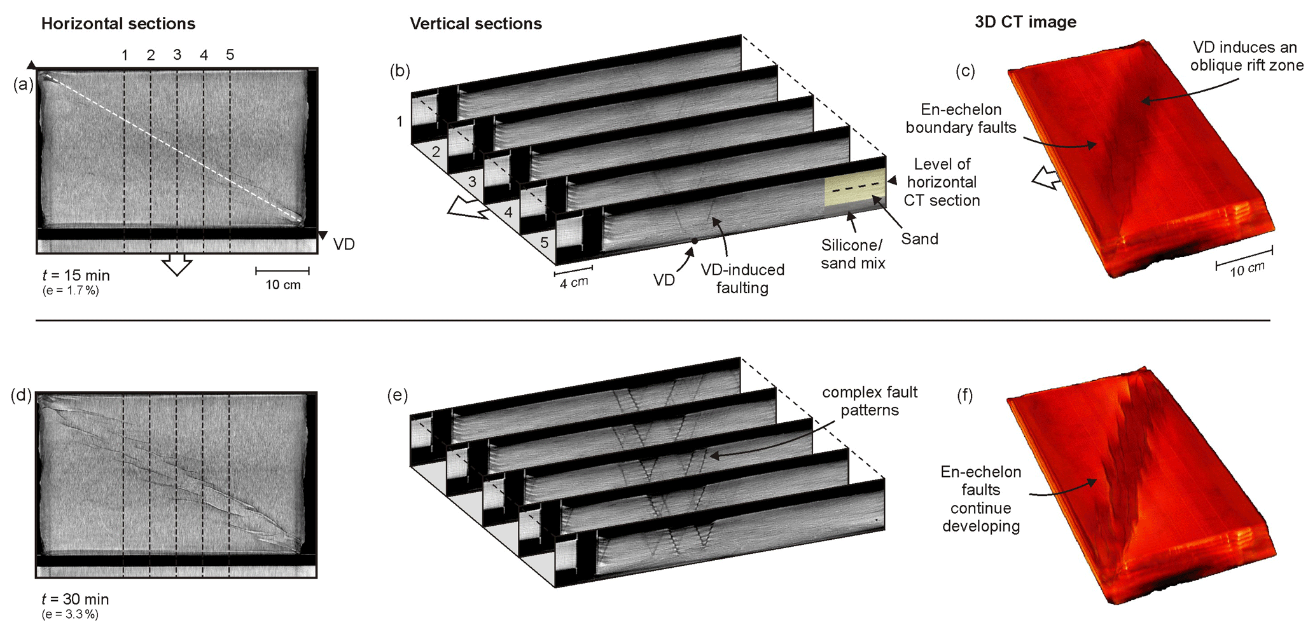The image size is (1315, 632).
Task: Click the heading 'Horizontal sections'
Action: [x=118, y=24]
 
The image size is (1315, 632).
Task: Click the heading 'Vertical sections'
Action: [x=476, y=24]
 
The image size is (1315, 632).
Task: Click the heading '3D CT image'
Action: [x=1026, y=22]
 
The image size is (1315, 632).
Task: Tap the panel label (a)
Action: [x=23, y=84]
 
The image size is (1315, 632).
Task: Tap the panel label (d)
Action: [x=22, y=395]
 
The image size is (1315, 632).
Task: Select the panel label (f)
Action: [x=965, y=396]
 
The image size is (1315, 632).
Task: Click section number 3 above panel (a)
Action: [x=177, y=55]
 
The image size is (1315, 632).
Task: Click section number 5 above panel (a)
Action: [x=230, y=55]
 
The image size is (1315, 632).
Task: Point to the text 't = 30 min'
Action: [x=75, y=600]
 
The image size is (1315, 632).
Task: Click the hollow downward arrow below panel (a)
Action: [x=177, y=264]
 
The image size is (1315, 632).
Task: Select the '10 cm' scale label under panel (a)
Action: [x=283, y=285]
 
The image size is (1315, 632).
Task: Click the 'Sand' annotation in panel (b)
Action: [x=919, y=239]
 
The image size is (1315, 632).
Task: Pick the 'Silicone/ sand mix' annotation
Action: [x=852, y=254]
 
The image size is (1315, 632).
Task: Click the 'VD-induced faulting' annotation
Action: [x=742, y=278]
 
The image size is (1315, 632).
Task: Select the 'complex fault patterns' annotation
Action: [x=870, y=401]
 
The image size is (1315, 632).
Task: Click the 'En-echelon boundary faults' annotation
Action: [x=961, y=119]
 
